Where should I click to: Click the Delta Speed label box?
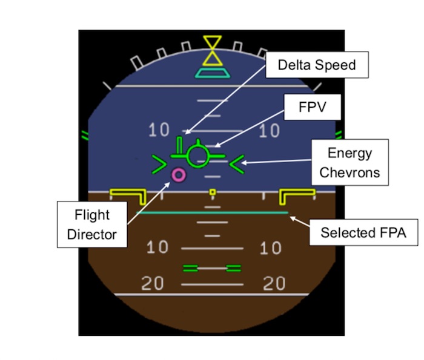click(317, 65)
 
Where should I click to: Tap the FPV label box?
click(313, 107)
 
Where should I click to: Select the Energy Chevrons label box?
click(350, 163)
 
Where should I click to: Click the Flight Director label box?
click(92, 224)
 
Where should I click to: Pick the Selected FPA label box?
click(363, 232)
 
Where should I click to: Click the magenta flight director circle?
click(179, 175)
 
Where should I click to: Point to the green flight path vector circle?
click(198, 156)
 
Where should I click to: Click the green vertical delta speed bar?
click(179, 146)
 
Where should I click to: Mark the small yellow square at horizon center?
click(213, 192)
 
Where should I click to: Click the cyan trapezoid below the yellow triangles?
click(213, 73)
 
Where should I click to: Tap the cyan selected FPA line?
click(213, 213)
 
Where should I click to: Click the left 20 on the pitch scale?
click(153, 283)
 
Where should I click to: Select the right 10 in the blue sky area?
click(269, 131)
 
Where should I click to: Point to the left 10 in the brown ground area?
click(157, 247)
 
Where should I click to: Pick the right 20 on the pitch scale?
click(274, 283)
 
